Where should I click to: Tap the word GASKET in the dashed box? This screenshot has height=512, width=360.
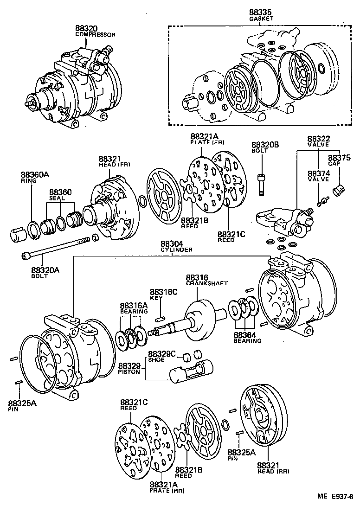[261, 19]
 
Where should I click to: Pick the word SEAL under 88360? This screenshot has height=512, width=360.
[57, 198]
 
